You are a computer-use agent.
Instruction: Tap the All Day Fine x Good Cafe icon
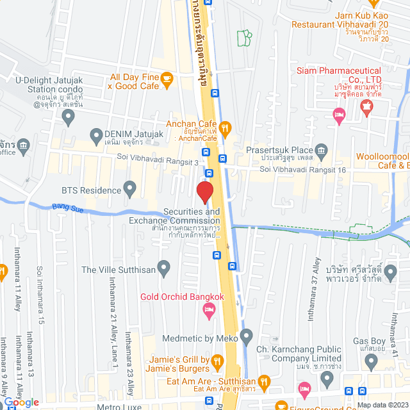[167, 79]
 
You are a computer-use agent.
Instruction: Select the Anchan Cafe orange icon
[225, 126]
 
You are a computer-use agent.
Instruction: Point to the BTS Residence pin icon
[130, 190]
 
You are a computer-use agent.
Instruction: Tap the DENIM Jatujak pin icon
[97, 135]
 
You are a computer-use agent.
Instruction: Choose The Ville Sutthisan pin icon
[165, 266]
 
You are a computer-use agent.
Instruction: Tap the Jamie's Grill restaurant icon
[217, 363]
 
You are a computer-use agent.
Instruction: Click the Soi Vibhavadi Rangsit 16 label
[302, 169]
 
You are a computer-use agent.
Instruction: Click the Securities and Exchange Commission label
[192, 216]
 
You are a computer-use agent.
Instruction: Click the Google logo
[21, 402]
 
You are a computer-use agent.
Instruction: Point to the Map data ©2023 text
[382, 404]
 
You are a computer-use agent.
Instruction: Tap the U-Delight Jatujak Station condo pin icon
[69, 116]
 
